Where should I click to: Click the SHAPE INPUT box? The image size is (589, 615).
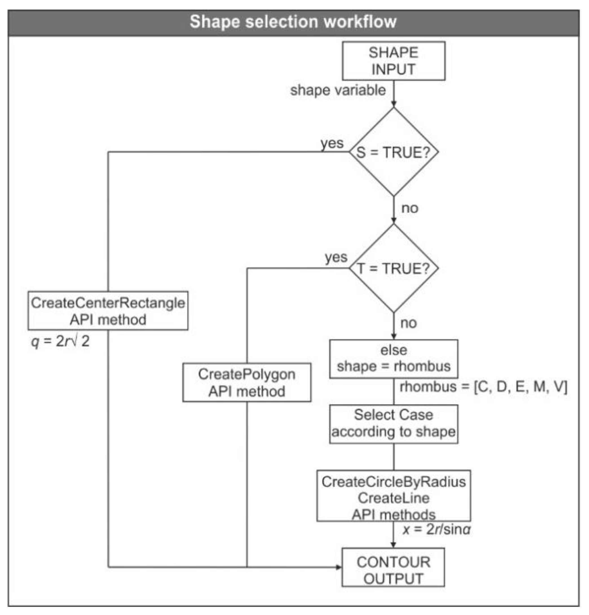(393, 61)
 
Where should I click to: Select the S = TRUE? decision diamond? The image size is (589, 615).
(393, 152)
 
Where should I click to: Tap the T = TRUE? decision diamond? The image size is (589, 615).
(393, 268)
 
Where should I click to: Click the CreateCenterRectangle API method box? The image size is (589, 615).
(108, 311)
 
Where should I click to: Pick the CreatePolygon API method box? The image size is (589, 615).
(247, 383)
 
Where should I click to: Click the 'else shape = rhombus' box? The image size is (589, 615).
(393, 359)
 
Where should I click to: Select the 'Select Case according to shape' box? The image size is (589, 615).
(393, 424)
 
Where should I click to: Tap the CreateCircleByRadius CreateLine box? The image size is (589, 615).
(393, 496)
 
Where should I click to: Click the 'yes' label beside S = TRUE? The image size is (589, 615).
(332, 143)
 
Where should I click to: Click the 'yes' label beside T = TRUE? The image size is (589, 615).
(336, 257)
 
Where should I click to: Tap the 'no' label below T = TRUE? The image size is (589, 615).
(409, 323)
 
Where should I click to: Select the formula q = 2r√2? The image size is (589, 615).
(60, 341)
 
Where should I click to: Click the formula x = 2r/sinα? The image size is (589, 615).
(436, 530)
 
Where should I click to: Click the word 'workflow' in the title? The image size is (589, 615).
(360, 22)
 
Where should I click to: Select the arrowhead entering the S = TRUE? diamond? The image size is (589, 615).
(393, 104)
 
